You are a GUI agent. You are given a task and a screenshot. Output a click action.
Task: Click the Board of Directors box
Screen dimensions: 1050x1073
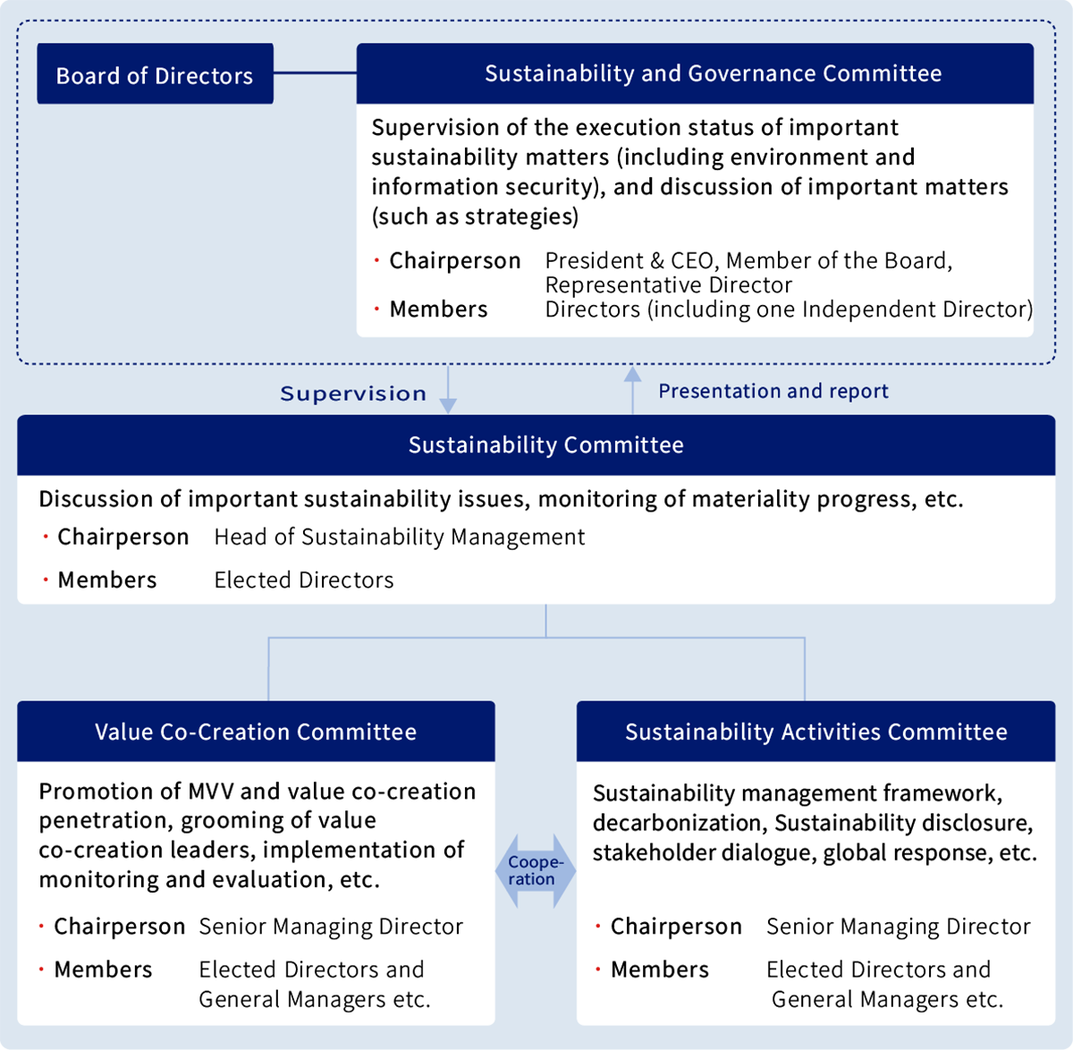[155, 74]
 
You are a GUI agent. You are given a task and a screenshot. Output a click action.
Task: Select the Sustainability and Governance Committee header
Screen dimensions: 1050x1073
[713, 73]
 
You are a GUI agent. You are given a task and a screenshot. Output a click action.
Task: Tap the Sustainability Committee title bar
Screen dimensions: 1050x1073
[545, 445]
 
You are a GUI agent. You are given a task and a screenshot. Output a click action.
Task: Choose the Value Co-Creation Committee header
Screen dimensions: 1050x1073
[256, 732]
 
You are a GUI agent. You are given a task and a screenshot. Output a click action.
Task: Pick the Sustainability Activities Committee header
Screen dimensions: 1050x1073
[815, 732]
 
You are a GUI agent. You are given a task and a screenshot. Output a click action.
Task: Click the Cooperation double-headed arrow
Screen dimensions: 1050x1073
[536, 871]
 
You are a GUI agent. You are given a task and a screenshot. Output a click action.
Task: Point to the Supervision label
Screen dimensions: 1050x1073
[353, 394]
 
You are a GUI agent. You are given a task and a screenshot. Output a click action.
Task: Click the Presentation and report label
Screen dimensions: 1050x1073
[773, 391]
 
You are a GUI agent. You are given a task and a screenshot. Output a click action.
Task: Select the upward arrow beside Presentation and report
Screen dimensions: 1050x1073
[633, 389]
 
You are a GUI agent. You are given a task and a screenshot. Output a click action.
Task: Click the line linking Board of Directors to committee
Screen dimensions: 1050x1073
[315, 72]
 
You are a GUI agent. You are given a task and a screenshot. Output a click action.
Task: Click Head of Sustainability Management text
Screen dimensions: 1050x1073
[400, 537]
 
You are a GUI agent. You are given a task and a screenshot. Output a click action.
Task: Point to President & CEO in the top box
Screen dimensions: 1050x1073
[630, 260]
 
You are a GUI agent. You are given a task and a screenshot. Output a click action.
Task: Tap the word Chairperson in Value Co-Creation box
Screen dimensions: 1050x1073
[120, 926]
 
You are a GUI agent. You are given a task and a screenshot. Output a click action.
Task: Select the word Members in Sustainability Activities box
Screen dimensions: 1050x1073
[660, 970]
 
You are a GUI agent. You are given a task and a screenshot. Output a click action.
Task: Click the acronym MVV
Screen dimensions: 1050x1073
[210, 792]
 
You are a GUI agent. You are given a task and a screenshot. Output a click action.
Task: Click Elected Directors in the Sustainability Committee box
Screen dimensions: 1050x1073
[304, 580]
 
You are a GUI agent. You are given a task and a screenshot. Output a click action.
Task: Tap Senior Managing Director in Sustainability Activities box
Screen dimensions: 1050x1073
[899, 927]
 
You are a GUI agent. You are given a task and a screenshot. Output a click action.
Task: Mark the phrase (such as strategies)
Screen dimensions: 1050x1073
[475, 216]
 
